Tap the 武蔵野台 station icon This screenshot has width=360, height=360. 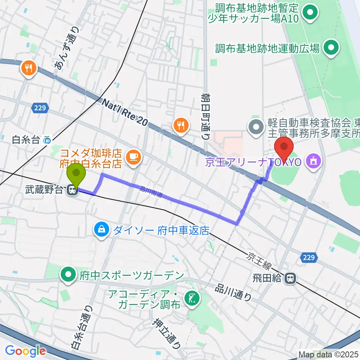(72, 191)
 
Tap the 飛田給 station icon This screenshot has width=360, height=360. (289, 278)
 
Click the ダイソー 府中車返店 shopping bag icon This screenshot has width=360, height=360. (101, 229)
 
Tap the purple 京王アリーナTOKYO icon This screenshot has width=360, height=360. (313, 162)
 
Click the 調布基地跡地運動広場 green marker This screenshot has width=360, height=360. (331, 48)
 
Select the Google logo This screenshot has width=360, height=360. (25, 351)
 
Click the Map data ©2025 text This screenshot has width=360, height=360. (327, 354)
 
